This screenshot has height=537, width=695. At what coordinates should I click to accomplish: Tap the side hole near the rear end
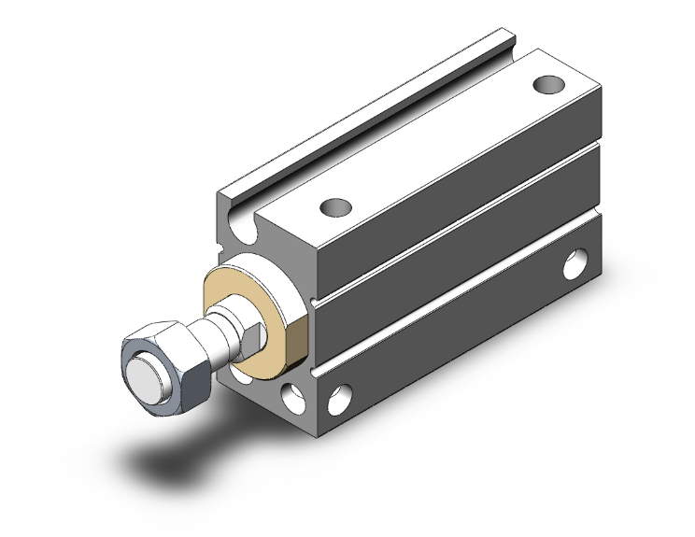(576, 264)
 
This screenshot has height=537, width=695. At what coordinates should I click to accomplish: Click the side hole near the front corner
(339, 399)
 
